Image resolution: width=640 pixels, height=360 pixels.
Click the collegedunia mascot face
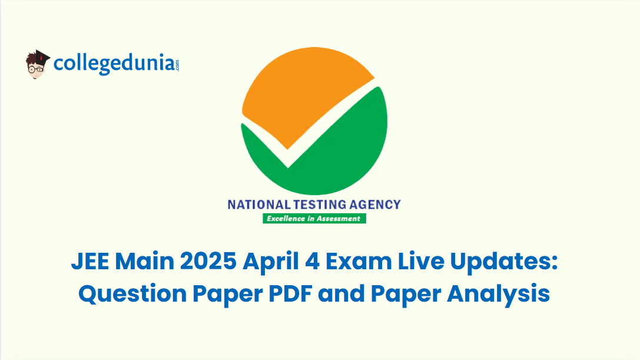(x=36, y=70)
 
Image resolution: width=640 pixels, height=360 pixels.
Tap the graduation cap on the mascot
(x=40, y=57)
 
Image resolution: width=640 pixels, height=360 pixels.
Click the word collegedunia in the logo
(x=114, y=64)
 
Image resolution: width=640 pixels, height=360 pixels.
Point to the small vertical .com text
(x=177, y=65)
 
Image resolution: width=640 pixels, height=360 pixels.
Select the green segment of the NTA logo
(x=327, y=156)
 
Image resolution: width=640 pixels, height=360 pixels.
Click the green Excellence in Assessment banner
(x=314, y=219)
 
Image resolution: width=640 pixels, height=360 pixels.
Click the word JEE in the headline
(x=90, y=261)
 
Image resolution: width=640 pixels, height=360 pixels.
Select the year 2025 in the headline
(x=208, y=261)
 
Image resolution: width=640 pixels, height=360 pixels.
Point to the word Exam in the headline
(x=359, y=261)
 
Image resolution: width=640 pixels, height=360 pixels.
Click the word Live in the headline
(x=421, y=261)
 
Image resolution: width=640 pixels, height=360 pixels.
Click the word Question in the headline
(x=132, y=294)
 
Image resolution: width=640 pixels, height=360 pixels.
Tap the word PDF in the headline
(x=290, y=294)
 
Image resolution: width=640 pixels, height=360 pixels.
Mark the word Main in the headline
(x=144, y=261)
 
